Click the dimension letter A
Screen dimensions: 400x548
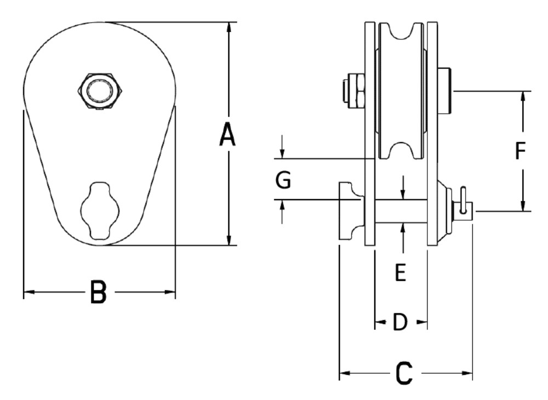[227, 135]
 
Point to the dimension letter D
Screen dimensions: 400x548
[400, 323]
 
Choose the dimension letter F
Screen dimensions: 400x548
[521, 151]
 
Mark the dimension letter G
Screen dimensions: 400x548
[283, 180]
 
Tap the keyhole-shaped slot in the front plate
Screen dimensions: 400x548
[99, 210]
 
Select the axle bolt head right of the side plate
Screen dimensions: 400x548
[444, 90]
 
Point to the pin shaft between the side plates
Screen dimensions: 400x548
[401, 211]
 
